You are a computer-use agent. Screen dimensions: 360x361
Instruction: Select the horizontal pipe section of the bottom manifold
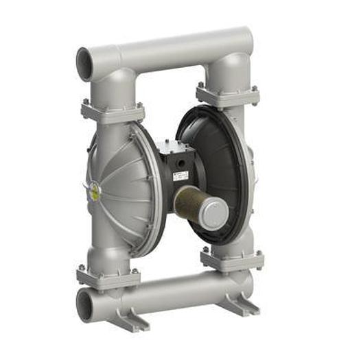(x=172, y=291)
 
